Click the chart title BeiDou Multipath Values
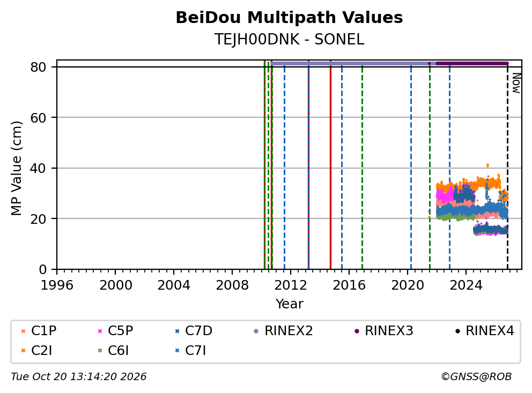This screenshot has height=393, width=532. tap(289, 18)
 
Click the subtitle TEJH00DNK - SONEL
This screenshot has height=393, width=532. tap(289, 40)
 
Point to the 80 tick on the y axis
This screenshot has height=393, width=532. tap(38, 67)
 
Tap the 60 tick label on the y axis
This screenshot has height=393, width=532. tap(38, 118)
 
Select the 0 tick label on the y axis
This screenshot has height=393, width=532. tap(43, 269)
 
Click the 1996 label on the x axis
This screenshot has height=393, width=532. tap(57, 285)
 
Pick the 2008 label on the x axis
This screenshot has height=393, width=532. tap(232, 285)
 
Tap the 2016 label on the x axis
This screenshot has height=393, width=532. tap(349, 285)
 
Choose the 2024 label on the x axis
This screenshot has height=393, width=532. tap(466, 285)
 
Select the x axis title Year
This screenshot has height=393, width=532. tap(289, 304)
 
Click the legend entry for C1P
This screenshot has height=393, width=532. tap(39, 331)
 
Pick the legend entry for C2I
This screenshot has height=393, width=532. tap(36, 351)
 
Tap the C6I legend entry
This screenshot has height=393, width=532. tap(113, 351)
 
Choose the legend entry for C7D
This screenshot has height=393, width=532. tap(194, 331)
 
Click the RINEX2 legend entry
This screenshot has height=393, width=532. tap(283, 331)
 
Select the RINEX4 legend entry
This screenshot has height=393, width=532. tap(484, 331)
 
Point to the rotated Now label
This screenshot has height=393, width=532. tap(516, 83)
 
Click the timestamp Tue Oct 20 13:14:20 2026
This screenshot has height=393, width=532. tap(79, 376)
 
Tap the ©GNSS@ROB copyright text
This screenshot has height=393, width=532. tap(476, 376)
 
